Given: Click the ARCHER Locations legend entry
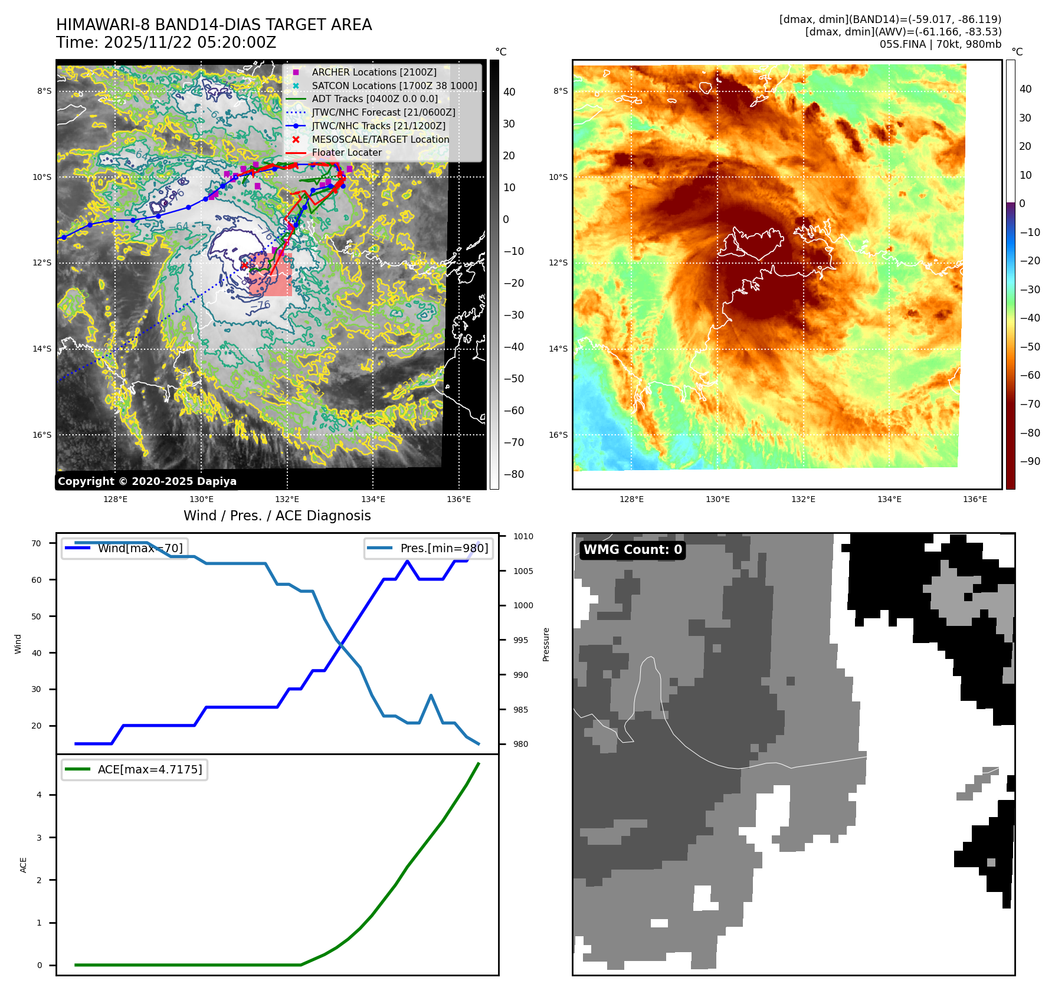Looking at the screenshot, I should coord(374,72).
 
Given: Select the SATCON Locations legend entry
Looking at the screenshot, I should coord(394,86).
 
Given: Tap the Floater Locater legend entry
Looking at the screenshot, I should coord(346,152).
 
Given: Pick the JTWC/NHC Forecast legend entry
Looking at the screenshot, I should coord(384,112).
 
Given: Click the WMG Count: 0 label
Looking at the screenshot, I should coord(633,550).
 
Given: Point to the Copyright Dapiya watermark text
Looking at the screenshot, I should coord(147,481).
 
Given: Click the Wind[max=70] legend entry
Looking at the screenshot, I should coord(140,548).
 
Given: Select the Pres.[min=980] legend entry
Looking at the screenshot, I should coord(444,548).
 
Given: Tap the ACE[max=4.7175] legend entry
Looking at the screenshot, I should coord(149,769).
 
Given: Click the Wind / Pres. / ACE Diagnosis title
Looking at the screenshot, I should coord(277,516).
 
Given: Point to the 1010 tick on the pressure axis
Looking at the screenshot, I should coord(523,536).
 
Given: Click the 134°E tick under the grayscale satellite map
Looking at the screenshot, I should coord(373,499).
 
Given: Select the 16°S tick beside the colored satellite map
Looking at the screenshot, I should coord(558,435).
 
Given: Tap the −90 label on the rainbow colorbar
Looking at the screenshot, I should coord(1030,461).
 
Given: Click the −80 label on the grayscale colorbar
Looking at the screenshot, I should coord(513,474).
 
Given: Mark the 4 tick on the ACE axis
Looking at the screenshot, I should coord(40,795).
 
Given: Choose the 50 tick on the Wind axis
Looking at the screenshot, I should coord(37,616).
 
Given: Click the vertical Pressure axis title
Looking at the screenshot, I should coord(546,644).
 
